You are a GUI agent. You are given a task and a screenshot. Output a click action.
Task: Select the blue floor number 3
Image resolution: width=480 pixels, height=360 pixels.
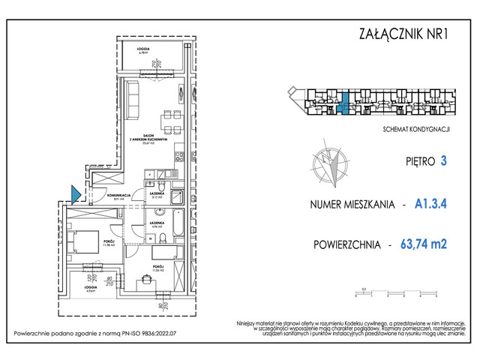pos(445,160)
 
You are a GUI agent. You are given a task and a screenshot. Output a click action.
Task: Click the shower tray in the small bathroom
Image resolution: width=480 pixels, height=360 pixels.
pos(177,197)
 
